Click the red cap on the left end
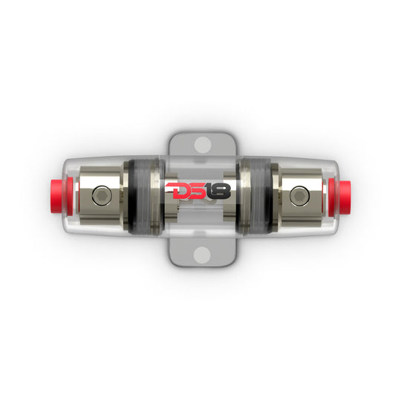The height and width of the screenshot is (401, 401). [62, 197]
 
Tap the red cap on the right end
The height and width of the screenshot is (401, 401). [339, 197]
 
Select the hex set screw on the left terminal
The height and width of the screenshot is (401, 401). [102, 195]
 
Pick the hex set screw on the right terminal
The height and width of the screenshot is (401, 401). [299, 195]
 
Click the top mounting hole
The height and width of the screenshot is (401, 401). [202, 145]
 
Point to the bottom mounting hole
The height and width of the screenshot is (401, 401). [202, 255]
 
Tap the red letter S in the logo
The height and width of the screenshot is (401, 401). [201, 191]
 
